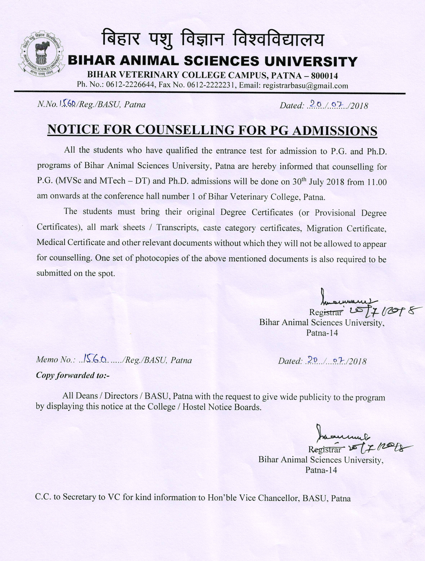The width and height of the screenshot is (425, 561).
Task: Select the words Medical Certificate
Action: click(71, 243)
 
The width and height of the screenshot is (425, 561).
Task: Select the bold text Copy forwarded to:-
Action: click(73, 375)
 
